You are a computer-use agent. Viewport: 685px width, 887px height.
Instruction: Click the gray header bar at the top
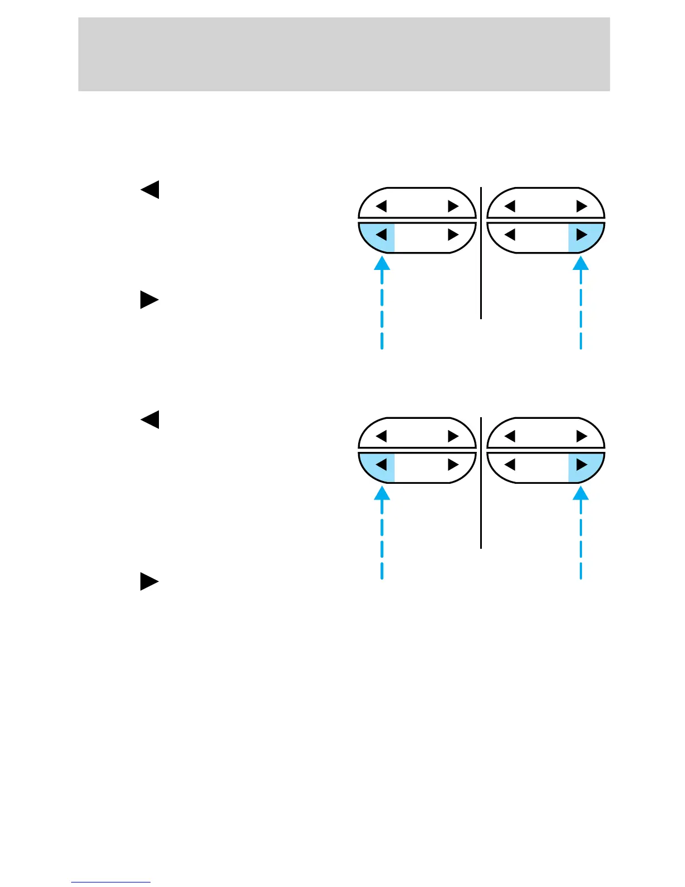(344, 54)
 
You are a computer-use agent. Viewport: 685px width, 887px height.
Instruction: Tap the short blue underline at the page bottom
(111, 882)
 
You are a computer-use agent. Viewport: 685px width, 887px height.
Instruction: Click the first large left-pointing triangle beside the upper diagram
(150, 190)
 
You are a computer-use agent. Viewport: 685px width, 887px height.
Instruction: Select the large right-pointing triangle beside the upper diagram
(149, 300)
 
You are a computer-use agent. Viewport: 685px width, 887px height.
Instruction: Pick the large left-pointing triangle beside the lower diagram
(150, 419)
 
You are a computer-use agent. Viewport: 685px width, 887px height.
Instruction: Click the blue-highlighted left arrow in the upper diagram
(381, 235)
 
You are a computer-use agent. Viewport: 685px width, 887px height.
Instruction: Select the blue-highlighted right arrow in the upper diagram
(582, 235)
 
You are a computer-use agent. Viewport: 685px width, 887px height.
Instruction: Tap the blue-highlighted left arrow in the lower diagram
(381, 465)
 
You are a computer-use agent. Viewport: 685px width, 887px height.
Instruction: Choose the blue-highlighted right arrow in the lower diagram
(582, 465)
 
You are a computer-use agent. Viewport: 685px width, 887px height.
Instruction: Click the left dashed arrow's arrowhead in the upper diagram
(382, 262)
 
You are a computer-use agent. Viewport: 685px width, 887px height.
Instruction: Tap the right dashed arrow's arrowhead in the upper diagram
(581, 262)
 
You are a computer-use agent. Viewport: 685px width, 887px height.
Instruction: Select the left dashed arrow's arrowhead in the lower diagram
(382, 492)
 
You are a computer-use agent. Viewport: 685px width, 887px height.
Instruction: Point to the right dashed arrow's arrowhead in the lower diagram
(581, 492)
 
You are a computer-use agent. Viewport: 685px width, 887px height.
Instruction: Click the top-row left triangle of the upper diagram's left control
(381, 206)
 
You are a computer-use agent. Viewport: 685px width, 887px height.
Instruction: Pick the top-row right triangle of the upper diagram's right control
(582, 206)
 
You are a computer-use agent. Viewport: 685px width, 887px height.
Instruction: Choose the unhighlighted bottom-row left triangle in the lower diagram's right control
(510, 465)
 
